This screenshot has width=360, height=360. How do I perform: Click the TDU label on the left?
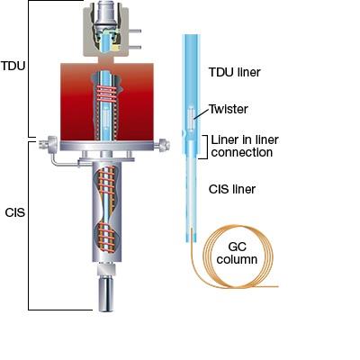[13, 66]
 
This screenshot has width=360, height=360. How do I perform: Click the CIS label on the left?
[15, 212]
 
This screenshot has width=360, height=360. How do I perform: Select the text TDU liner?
[235, 72]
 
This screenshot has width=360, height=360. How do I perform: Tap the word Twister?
[229, 109]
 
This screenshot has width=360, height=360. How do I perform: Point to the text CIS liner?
[232, 189]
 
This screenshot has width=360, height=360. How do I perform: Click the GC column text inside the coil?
[237, 253]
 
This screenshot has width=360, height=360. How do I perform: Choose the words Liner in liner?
[245, 139]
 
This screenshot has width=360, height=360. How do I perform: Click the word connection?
[242, 152]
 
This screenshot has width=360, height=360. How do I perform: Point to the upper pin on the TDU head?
[135, 31]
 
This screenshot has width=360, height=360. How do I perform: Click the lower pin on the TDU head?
[135, 47]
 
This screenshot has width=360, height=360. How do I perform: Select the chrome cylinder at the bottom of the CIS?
[106, 295]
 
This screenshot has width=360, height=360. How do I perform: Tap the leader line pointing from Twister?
[202, 113]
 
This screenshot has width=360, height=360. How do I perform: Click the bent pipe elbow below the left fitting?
[54, 160]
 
